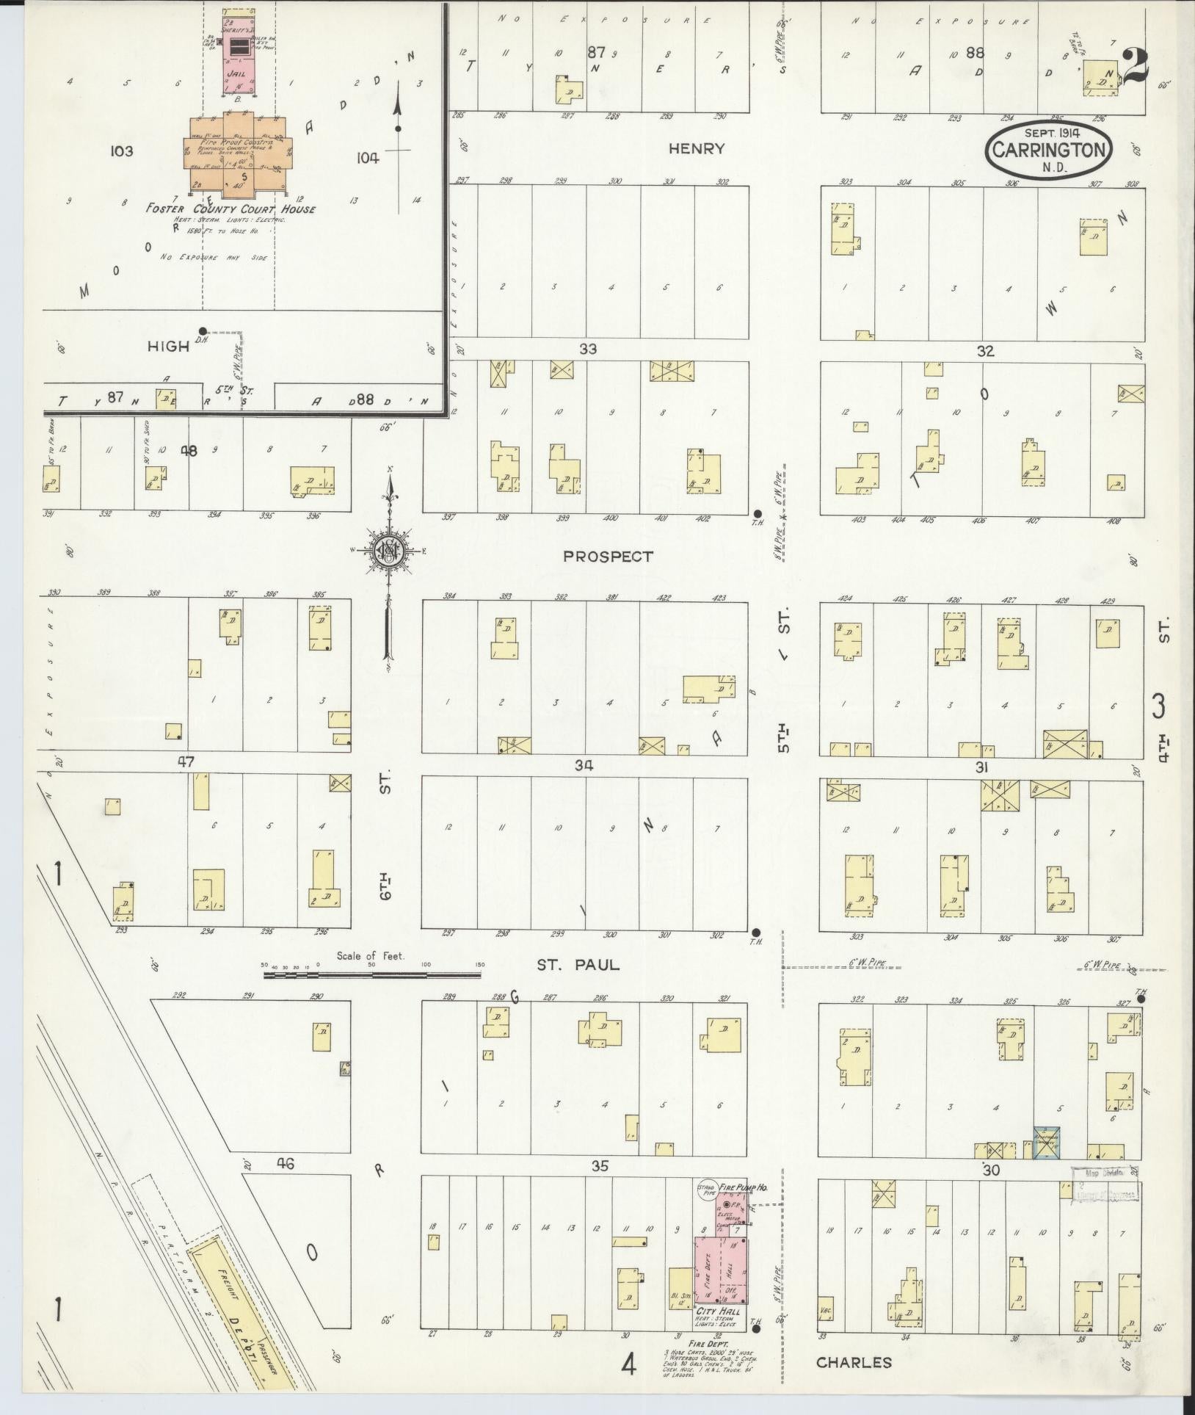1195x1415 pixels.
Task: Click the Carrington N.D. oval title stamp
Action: (x=1049, y=149)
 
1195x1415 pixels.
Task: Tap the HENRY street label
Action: (x=697, y=149)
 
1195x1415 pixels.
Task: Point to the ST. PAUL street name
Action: (x=578, y=965)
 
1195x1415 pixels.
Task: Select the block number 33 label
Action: (x=587, y=350)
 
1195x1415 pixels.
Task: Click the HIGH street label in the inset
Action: (x=168, y=347)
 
